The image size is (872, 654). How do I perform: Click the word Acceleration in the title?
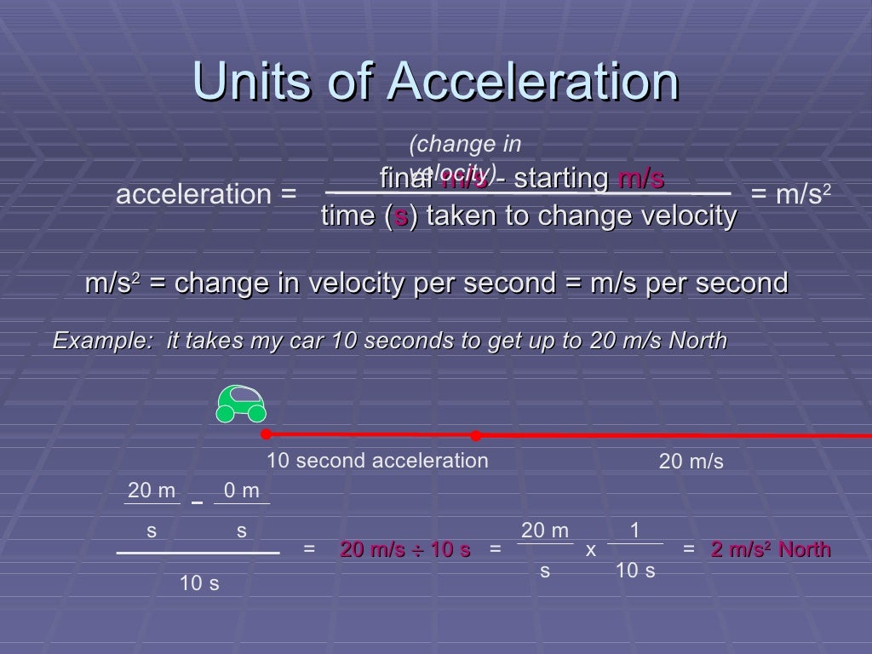point(532,83)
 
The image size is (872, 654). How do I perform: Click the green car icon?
point(241,403)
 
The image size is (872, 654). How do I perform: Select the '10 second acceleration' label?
point(377,461)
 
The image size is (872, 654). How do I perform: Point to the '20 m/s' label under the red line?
point(691,462)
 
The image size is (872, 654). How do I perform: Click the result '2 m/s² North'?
point(771,549)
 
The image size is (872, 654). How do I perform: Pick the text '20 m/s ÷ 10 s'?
point(405,549)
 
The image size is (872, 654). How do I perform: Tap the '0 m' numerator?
point(241,490)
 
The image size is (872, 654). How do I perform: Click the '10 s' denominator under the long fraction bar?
point(198,583)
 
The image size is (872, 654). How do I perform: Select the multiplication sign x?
point(591,550)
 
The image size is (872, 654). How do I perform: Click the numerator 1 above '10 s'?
point(634,531)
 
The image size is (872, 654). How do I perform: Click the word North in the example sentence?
point(697,341)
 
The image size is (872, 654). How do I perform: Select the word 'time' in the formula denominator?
point(348,216)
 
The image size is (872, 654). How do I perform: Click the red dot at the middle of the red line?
point(476,435)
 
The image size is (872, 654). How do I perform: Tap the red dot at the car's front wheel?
point(266,434)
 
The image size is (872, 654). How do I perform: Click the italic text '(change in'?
point(465,144)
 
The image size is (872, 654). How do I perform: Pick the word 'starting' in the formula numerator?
point(561,179)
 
